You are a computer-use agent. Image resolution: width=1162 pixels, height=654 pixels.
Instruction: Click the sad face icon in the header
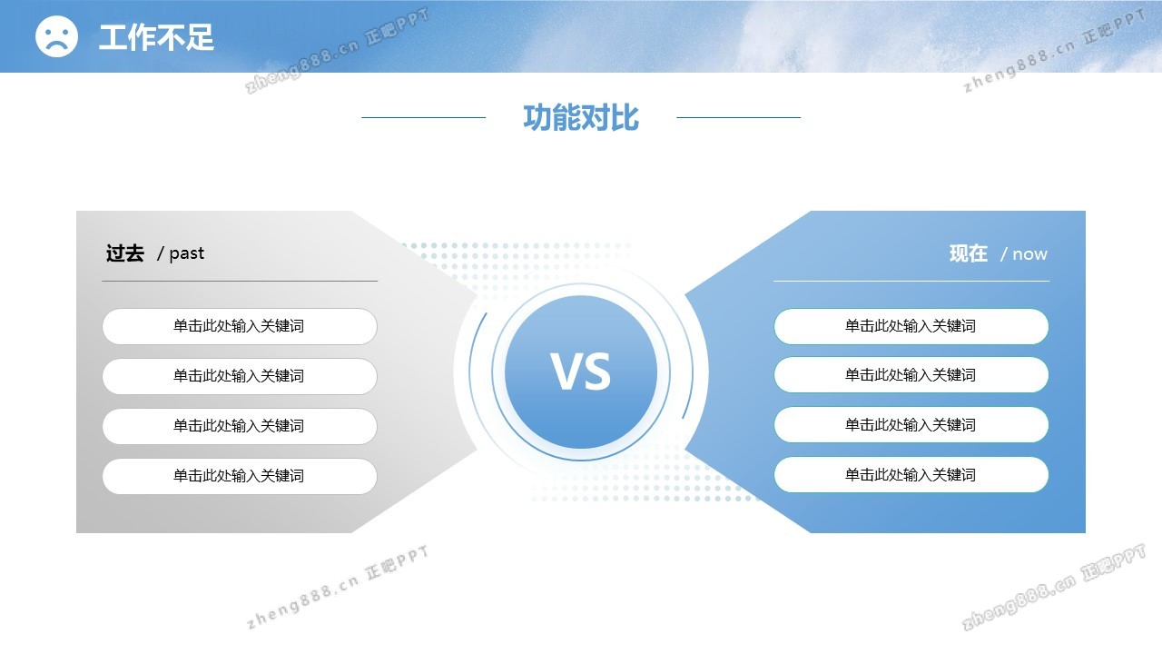56,35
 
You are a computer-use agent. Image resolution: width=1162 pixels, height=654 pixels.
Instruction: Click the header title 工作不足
156,37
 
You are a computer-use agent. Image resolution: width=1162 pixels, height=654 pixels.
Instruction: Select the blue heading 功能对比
581,117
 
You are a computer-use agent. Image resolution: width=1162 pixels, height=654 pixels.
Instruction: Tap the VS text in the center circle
581,372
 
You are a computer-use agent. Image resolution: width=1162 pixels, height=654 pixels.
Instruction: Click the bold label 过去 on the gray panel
125,253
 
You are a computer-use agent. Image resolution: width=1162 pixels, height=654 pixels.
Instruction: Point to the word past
187,253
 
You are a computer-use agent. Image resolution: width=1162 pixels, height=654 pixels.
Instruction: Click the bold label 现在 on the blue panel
969,253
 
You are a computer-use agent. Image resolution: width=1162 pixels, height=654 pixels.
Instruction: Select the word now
1029,254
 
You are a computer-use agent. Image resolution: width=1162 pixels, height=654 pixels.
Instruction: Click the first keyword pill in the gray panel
240,326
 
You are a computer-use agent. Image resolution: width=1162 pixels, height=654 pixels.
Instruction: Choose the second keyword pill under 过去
240,376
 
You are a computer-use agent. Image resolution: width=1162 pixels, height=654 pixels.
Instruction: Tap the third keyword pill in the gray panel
240,426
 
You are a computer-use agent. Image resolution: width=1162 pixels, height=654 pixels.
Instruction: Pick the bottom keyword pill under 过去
240,476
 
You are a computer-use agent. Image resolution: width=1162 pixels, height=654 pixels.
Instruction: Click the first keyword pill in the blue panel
911,326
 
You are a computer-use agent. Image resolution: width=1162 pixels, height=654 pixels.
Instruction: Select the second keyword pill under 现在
911,375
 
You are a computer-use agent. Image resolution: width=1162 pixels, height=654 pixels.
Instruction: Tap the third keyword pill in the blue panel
911,424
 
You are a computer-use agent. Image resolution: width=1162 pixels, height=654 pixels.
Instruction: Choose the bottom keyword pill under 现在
911,474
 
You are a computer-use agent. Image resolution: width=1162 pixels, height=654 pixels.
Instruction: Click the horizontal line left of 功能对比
423,117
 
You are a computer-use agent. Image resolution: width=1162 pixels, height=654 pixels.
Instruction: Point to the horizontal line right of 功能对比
739,117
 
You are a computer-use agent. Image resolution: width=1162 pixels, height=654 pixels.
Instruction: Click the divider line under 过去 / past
240,281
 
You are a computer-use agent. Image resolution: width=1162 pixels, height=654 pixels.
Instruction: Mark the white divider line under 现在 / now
911,281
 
